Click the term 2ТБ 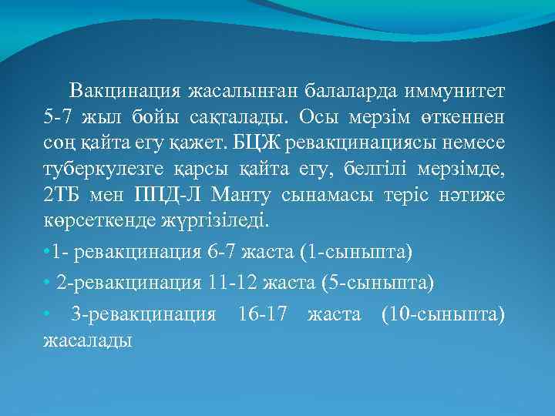click(x=61, y=196)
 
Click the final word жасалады click(x=88, y=340)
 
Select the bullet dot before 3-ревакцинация click(x=47, y=314)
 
